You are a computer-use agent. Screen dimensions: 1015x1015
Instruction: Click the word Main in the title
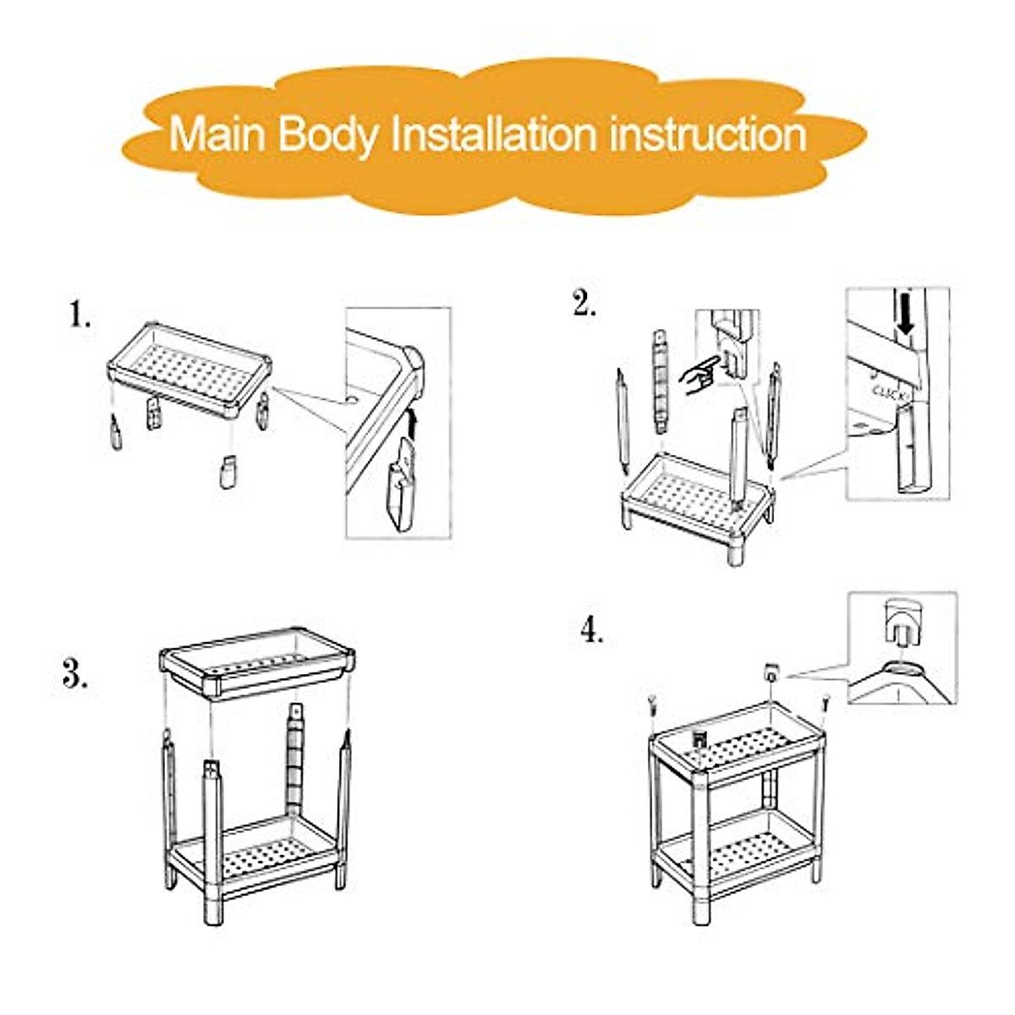click(x=217, y=134)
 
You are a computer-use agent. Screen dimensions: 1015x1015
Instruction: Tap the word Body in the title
click(x=327, y=136)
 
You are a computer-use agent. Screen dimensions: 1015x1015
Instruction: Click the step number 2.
click(x=584, y=304)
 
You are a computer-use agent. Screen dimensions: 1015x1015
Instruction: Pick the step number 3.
click(x=74, y=674)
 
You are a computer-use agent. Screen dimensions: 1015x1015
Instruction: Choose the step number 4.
click(x=592, y=630)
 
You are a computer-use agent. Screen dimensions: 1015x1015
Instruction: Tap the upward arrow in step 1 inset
click(x=414, y=425)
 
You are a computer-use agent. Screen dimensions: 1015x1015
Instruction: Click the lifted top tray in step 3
click(x=257, y=664)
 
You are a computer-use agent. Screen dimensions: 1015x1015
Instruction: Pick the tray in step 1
click(x=189, y=370)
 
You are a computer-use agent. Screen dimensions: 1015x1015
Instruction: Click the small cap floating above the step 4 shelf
click(x=771, y=672)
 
